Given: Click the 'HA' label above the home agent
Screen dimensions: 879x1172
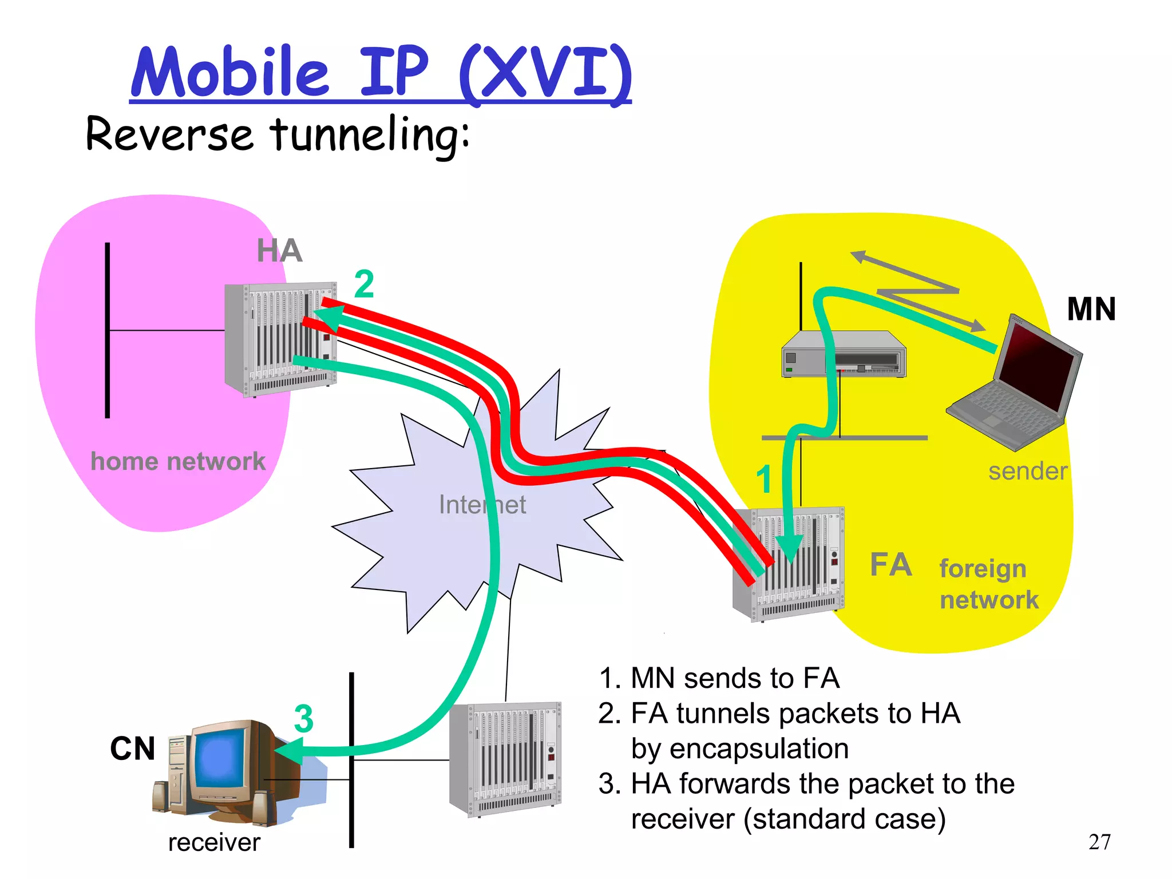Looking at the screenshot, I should click(x=279, y=251).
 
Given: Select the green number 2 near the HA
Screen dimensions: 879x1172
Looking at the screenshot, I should click(x=364, y=284).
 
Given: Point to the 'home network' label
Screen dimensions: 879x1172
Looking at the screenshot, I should click(x=178, y=461).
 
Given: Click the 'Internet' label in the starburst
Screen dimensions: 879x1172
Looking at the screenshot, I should click(x=482, y=505).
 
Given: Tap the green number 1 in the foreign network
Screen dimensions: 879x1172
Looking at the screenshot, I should click(x=764, y=479).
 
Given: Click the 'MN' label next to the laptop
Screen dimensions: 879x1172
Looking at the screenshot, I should click(x=1091, y=309).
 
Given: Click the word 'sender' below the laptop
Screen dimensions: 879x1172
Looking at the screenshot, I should click(x=1028, y=472).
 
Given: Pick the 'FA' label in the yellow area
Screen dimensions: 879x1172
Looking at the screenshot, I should click(x=890, y=565).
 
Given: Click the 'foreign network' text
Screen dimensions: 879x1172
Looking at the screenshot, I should click(x=988, y=584).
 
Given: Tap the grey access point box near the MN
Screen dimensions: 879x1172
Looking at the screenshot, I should click(x=844, y=355).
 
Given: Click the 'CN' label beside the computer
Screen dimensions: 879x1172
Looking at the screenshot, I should click(x=132, y=749).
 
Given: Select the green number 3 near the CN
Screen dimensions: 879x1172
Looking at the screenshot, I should click(x=303, y=719).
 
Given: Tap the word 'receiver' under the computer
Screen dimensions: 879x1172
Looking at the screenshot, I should click(x=214, y=842).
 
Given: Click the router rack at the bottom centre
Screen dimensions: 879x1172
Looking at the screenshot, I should click(x=505, y=759).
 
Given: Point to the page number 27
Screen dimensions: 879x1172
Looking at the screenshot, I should click(x=1099, y=842).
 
